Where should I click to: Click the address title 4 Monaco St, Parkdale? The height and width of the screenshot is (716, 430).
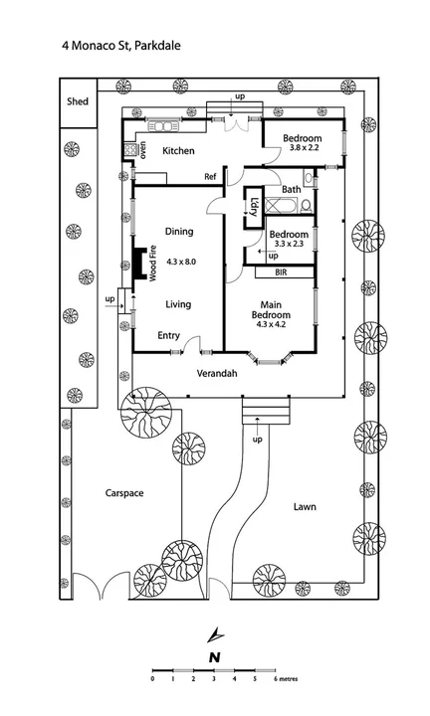[x=121, y=46]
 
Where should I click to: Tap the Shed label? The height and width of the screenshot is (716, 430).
[x=78, y=101]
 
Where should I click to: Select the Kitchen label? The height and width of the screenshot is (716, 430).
[x=179, y=151]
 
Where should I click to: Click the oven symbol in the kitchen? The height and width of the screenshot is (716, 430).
[x=130, y=149]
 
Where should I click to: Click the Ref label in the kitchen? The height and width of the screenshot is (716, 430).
[x=210, y=176]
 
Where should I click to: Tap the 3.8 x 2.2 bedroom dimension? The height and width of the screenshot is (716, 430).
[x=304, y=147]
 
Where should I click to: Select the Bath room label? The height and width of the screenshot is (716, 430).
[x=292, y=189]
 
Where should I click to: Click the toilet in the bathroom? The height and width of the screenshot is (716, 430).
[x=308, y=207]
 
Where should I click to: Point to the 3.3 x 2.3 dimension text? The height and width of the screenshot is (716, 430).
[x=289, y=244]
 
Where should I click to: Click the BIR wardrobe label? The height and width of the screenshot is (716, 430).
[x=281, y=272]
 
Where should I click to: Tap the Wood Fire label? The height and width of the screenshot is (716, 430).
[x=152, y=263]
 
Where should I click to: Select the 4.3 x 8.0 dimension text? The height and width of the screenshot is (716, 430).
[x=181, y=262]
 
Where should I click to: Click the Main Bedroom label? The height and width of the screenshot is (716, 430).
[x=271, y=309]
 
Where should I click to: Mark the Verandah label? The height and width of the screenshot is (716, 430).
[x=217, y=373]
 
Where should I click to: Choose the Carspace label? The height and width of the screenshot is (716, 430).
[x=124, y=493]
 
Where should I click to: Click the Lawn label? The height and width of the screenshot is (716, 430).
[x=305, y=506]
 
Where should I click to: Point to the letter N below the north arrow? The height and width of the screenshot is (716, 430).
[x=215, y=657]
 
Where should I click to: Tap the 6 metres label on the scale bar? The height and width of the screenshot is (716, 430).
[x=286, y=679]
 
